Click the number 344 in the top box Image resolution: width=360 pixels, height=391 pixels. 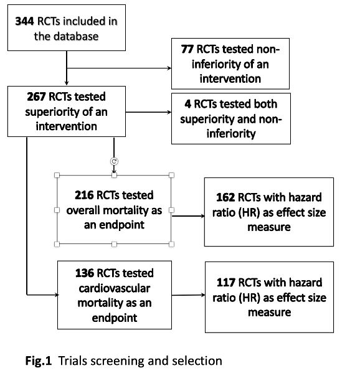coord(24,21)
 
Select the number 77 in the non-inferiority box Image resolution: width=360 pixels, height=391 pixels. coord(187,49)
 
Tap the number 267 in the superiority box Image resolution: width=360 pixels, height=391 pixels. coord(36,97)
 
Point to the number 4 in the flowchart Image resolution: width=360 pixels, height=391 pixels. coord(188,104)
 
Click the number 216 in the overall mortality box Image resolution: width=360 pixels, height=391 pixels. coord(84,195)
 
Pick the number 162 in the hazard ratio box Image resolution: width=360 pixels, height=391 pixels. coord(225,197)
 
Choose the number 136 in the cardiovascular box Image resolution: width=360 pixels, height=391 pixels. coord(85,273)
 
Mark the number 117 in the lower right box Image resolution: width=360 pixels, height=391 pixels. coord(226,283)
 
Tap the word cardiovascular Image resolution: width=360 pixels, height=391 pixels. coord(115,288)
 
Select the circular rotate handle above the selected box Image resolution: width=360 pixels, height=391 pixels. coord(114,161)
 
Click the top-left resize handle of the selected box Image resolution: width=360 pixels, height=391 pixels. coord(57,175)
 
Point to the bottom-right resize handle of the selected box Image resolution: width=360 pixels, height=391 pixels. coord(171,244)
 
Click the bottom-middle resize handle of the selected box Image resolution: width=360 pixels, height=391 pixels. coord(114,244)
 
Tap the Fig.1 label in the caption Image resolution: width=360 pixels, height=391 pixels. coord(39,361)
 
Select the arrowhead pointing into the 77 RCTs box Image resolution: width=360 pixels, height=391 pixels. coord(169,68)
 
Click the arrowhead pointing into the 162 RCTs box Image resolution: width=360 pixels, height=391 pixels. coord(202,216)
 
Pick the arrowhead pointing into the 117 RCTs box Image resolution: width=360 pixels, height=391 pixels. coord(203,295)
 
